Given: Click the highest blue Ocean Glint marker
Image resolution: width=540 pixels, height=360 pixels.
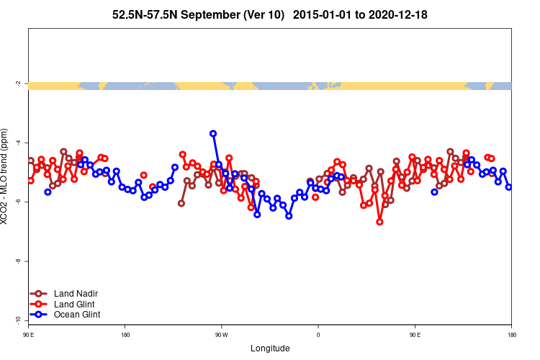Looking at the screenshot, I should click(x=213, y=133).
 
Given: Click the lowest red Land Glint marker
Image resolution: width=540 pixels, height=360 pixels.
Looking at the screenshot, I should click(x=379, y=222).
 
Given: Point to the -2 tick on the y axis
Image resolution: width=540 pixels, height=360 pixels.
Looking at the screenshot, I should click(x=18, y=84).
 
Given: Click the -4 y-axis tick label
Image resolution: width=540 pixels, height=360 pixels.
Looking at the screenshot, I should click(x=18, y=143).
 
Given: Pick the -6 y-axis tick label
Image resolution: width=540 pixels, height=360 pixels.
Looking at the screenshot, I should click(x=18, y=202).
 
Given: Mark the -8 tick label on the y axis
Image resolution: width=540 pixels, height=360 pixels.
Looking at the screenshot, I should click(x=18, y=261).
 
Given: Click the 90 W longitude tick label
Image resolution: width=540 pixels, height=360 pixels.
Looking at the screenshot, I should click(x=220, y=335).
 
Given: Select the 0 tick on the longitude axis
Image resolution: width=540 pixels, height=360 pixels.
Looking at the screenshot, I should click(x=318, y=335).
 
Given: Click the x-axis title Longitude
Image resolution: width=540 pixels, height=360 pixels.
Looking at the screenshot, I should click(x=270, y=348).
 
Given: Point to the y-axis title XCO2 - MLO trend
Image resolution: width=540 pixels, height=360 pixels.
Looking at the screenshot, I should click(x=6, y=177).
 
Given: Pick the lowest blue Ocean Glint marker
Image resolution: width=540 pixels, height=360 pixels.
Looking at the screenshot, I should click(x=289, y=216).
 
